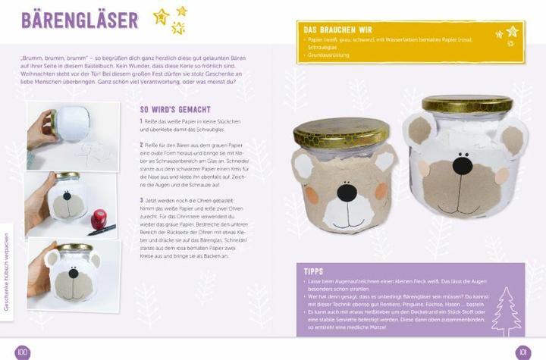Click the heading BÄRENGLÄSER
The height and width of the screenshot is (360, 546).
(x=80, y=20)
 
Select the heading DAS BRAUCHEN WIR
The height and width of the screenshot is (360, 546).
(x=339, y=30)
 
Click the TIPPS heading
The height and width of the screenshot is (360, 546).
(x=314, y=271)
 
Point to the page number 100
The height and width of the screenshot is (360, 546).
(x=22, y=351)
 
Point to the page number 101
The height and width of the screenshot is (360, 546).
(x=522, y=352)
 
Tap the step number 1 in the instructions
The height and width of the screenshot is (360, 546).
(x=142, y=121)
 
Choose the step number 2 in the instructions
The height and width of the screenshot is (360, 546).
(x=142, y=143)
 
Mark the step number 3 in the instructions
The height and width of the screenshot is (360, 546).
(x=142, y=200)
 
